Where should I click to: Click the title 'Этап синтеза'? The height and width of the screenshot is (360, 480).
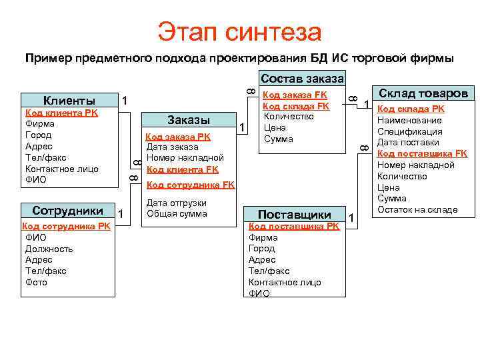click(x=239, y=31)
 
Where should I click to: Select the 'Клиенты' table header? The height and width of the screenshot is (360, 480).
click(x=69, y=101)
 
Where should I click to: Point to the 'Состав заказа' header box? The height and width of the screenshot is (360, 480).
click(x=302, y=79)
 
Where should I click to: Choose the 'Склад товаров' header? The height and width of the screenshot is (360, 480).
click(x=423, y=93)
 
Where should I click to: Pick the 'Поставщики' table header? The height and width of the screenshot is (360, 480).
click(x=295, y=215)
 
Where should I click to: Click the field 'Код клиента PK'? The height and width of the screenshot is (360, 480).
click(x=61, y=113)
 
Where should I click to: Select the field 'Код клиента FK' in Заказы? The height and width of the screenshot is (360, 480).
click(x=182, y=170)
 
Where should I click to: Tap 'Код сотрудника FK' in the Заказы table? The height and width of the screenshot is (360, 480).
click(x=190, y=185)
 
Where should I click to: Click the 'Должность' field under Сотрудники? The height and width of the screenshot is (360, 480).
click(x=49, y=249)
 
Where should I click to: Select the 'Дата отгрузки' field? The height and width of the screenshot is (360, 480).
click(x=176, y=203)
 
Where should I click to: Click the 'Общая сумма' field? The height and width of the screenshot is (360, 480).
click(x=177, y=214)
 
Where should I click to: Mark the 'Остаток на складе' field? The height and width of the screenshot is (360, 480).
click(x=417, y=210)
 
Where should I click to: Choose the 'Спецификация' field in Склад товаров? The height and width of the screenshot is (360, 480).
click(x=408, y=131)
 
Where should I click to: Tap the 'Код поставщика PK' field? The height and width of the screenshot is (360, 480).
click(x=294, y=226)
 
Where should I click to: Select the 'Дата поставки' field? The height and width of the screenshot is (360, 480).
click(x=408, y=143)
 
